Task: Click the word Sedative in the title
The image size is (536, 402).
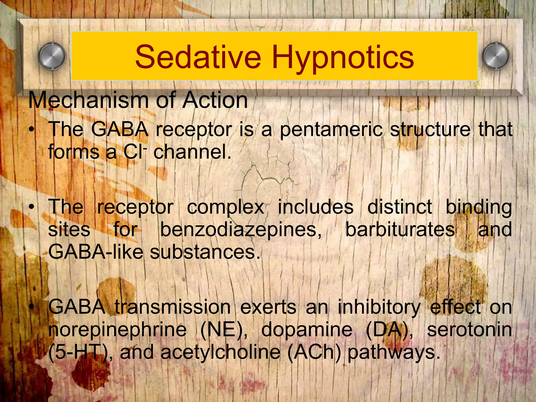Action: click(198, 57)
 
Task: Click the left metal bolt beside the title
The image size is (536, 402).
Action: click(52, 56)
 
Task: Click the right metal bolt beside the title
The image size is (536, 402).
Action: click(496, 56)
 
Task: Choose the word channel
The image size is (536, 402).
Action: click(192, 152)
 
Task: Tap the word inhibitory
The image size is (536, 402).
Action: click(379, 308)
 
